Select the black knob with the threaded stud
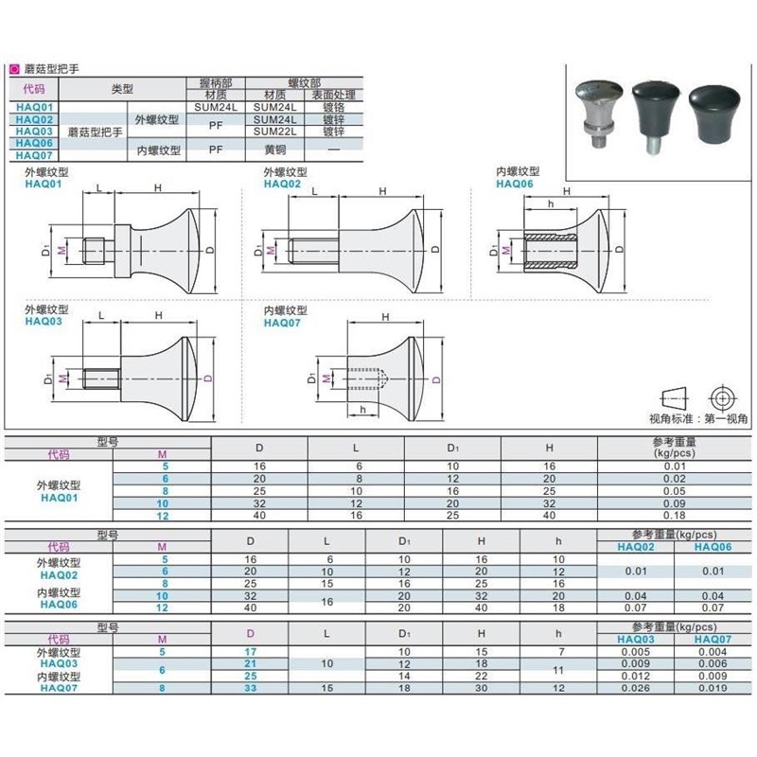pos(651,102)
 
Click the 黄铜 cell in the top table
pos(275,149)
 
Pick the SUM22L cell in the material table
pos(275,132)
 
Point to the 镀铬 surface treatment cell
pos(333,107)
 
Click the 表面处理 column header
pos(333,96)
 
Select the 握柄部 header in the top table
pos(216,84)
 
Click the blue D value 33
pos(250,687)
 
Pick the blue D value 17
pos(250,652)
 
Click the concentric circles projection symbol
pos(724,394)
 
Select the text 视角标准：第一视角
pos(698,417)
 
